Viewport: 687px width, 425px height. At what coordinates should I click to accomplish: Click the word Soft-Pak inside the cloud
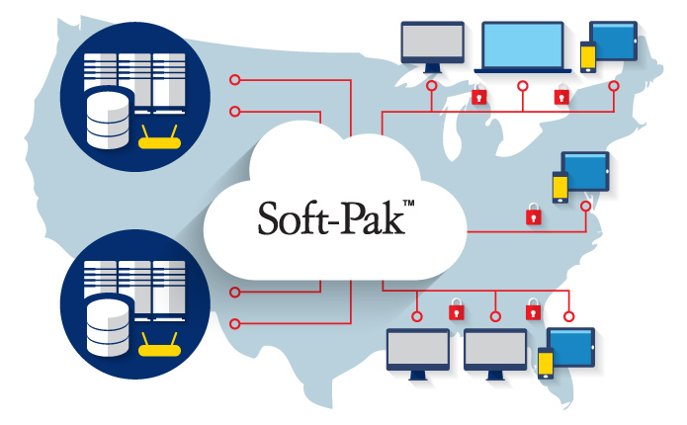coord(331,218)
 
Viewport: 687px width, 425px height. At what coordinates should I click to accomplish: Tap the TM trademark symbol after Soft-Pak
coord(408,203)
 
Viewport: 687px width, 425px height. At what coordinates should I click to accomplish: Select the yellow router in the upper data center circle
coord(159,138)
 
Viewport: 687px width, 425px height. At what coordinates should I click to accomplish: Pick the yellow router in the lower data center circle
coord(159,346)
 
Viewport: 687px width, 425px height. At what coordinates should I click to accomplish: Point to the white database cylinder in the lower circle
coord(108,326)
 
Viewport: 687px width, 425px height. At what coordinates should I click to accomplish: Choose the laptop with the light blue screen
coord(523,47)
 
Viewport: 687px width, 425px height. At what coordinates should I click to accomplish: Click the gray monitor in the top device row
coord(432,46)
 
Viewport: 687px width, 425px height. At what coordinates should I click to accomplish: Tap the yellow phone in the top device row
coord(588,57)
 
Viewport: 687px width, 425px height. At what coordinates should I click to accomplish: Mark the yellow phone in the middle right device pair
coord(560,187)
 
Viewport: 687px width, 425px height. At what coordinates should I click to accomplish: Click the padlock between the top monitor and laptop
coord(478,95)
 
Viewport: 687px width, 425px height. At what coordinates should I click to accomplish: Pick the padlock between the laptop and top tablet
coord(561,95)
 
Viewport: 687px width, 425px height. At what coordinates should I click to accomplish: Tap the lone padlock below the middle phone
coord(533,214)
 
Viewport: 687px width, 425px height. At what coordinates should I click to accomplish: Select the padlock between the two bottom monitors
coord(456,309)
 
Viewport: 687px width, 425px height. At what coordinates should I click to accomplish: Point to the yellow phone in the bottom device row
coord(546,363)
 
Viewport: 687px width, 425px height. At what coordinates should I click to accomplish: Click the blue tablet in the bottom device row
coord(571,348)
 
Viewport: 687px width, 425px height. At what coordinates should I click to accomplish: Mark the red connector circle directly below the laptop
coord(523,86)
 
